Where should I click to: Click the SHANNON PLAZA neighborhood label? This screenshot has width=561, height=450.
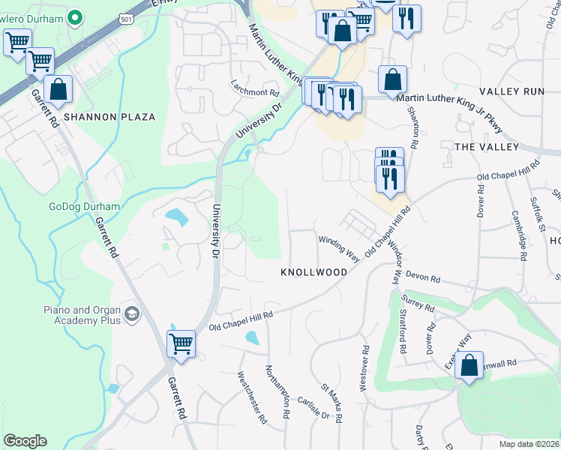tap(109, 117)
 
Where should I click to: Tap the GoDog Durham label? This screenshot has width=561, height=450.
tap(84, 206)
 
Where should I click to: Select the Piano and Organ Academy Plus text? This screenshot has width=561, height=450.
tap(82, 315)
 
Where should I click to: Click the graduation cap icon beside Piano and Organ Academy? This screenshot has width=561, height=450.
tap(133, 313)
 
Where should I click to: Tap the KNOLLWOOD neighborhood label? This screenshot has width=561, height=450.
tap(314, 272)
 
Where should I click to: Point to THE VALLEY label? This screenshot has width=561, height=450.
tap(487, 147)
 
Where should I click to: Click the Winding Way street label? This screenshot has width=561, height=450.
tap(339, 248)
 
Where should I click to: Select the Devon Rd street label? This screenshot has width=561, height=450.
tap(421, 277)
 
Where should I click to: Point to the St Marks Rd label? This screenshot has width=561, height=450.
tap(331, 402)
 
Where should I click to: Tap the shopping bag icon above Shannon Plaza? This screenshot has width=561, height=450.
tap(58, 88)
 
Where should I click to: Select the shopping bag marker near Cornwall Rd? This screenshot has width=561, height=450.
tap(469, 366)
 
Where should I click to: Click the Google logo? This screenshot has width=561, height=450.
tap(25, 441)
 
